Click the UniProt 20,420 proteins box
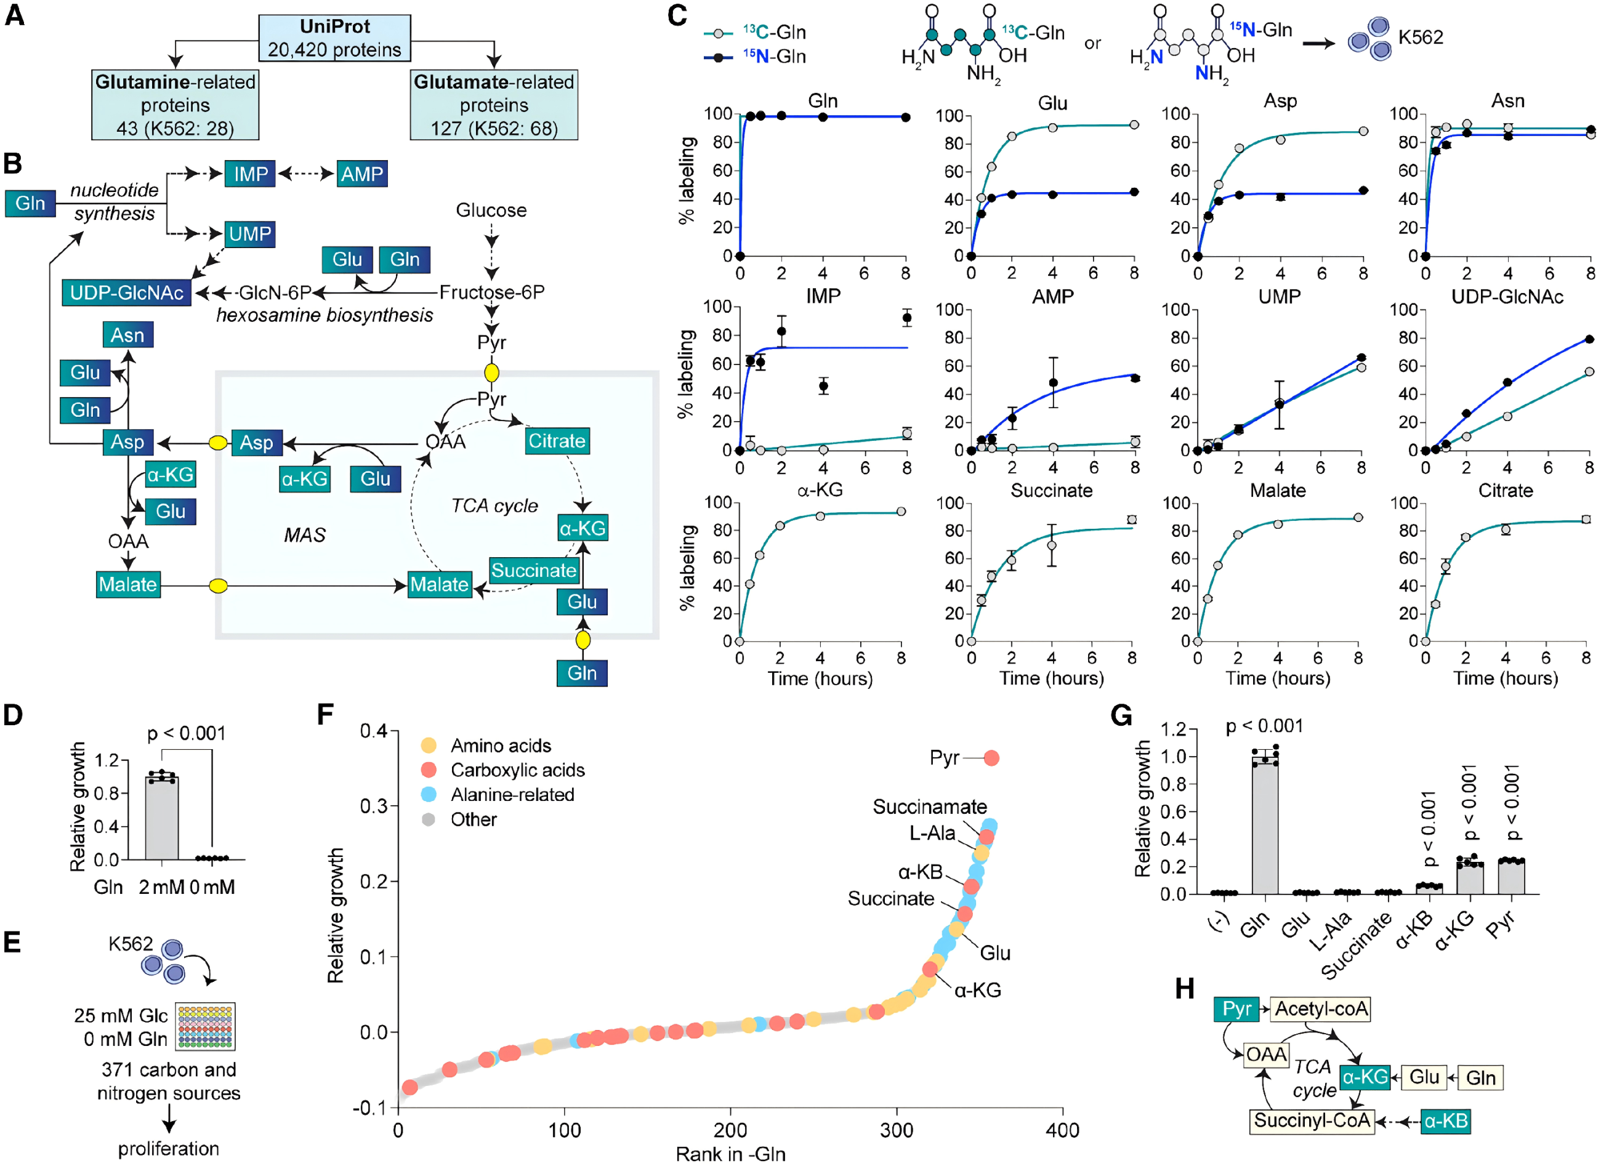pos(334,38)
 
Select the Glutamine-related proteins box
pos(175,105)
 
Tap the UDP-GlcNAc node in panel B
pos(126,292)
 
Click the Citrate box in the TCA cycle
pos(557,441)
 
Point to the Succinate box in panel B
pos(534,570)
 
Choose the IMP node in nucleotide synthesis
pos(251,174)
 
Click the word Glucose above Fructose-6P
pos(491,211)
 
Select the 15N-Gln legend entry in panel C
pos(756,57)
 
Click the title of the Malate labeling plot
pos(1278,491)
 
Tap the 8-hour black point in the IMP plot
pos(907,318)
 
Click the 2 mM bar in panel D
pos(162,818)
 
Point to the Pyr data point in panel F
pos(991,758)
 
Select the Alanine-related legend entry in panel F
pos(498,795)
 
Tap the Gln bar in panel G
pos(1265,826)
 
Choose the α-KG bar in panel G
pos(1470,877)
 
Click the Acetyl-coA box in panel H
pos(1321,1009)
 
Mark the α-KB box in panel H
pos(1445,1121)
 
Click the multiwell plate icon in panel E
pos(206,1026)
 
